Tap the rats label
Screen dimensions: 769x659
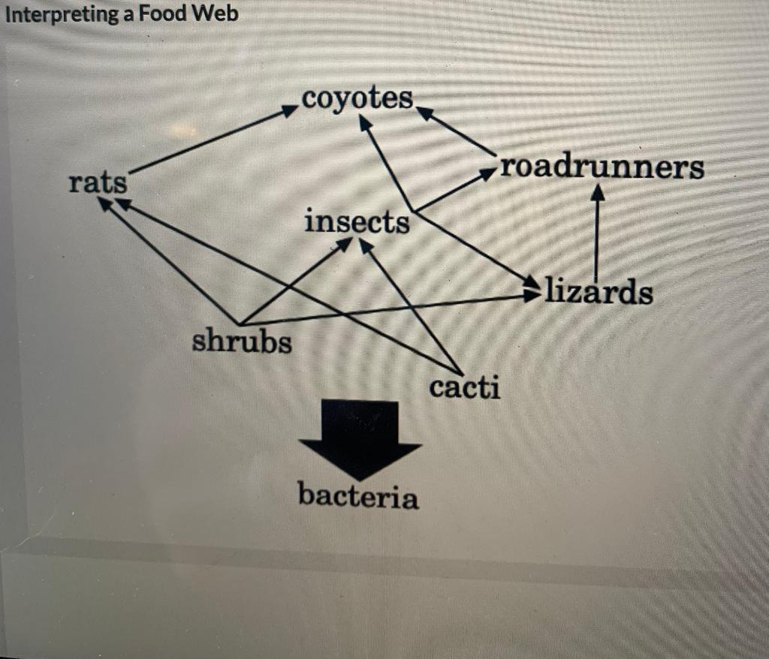[x=98, y=182]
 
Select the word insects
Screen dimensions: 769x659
[x=357, y=222]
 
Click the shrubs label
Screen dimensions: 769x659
[x=242, y=342]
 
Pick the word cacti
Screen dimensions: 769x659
[x=464, y=387]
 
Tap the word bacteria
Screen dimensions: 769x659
[x=358, y=497]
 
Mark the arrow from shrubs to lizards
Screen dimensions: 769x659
[x=391, y=309]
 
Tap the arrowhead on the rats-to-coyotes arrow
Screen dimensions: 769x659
[x=290, y=110]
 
